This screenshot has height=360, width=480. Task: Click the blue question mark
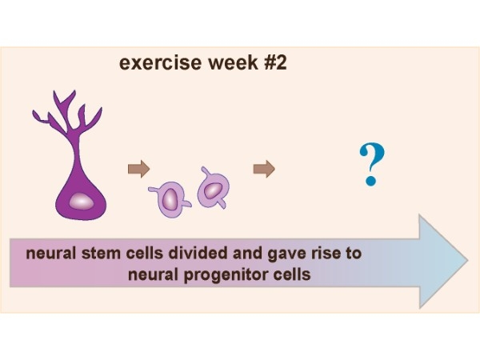tap(369, 164)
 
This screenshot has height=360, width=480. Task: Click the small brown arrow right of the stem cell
tap(138, 169)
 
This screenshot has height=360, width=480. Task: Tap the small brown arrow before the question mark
tap(264, 169)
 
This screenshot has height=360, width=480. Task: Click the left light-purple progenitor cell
tap(171, 198)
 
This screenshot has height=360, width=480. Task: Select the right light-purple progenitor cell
tap(212, 190)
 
